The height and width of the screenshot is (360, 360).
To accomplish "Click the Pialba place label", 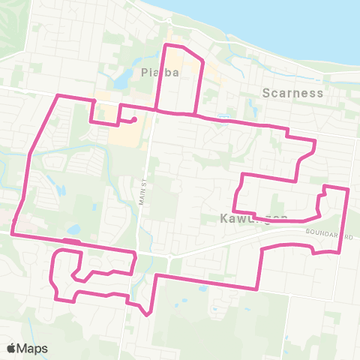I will pyautogui.click(x=157, y=73).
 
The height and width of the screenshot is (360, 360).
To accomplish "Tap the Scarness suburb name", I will pyautogui.click(x=292, y=94).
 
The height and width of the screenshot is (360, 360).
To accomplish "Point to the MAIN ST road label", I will pyautogui.click(x=142, y=191).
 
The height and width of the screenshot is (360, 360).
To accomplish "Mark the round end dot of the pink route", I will pyautogui.click(x=133, y=119).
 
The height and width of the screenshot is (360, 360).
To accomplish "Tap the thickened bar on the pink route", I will pyautogui.click(x=72, y=241).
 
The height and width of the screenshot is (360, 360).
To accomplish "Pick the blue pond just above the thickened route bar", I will pyautogui.click(x=73, y=229).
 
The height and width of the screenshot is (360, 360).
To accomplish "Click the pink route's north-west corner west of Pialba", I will pyautogui.click(x=59, y=95).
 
